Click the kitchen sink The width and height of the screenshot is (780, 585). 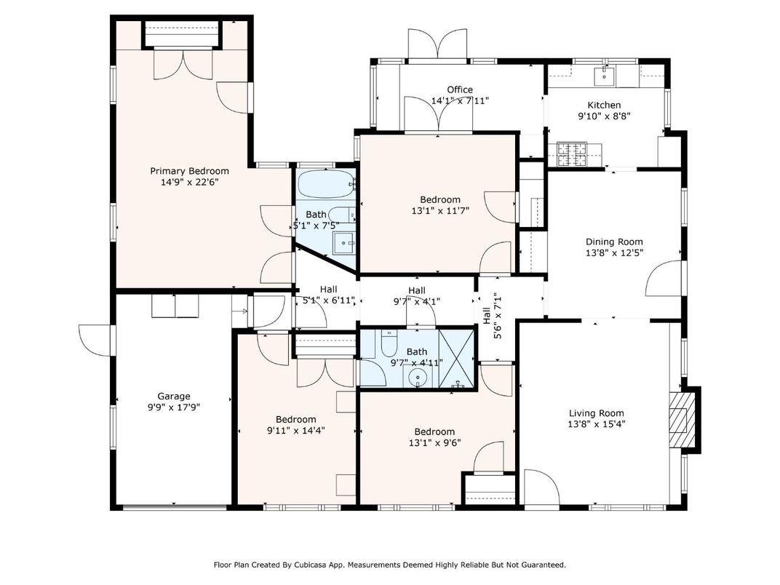(x=604, y=75)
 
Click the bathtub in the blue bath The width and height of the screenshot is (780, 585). (x=325, y=184)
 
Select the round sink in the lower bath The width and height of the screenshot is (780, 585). (x=417, y=378)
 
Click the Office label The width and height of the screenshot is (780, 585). (x=460, y=89)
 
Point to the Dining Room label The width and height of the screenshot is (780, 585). (x=614, y=242)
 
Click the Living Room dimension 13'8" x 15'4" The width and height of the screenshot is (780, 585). (x=597, y=423)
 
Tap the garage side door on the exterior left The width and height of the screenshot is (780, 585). (x=95, y=339)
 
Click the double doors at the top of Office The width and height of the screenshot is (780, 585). (x=437, y=44)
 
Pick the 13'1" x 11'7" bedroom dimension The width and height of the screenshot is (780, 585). (x=440, y=211)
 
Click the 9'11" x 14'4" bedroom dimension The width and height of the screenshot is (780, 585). (x=295, y=430)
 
